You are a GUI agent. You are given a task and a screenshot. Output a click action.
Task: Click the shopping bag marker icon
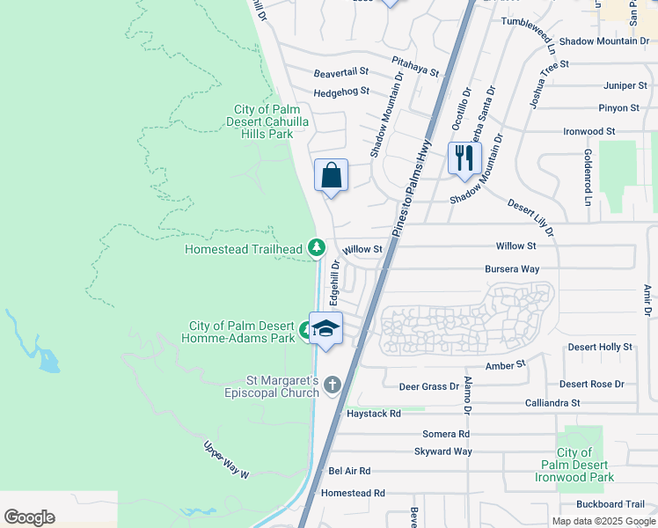[x=331, y=176]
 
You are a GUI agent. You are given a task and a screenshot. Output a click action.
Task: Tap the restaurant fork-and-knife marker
[x=463, y=158]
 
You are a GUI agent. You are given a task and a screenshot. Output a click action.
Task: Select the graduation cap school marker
[x=325, y=329]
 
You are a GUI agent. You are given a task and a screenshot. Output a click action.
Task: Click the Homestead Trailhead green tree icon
[x=316, y=249]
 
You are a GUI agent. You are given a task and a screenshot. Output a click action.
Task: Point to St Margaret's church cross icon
[x=333, y=385]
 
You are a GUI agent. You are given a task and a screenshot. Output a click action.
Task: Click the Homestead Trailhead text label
[x=243, y=249]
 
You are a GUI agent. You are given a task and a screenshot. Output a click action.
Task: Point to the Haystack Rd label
[x=373, y=413]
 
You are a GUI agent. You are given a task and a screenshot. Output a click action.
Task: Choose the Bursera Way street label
[x=511, y=269]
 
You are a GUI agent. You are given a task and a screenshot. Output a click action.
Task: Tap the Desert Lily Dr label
[x=530, y=217]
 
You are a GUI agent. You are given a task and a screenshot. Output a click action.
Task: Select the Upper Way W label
[x=227, y=459]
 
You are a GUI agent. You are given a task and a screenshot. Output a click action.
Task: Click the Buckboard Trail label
[x=610, y=504]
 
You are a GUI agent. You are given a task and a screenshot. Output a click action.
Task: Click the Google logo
[x=29, y=517]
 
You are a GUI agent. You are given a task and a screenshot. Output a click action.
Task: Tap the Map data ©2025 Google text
[x=603, y=521]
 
